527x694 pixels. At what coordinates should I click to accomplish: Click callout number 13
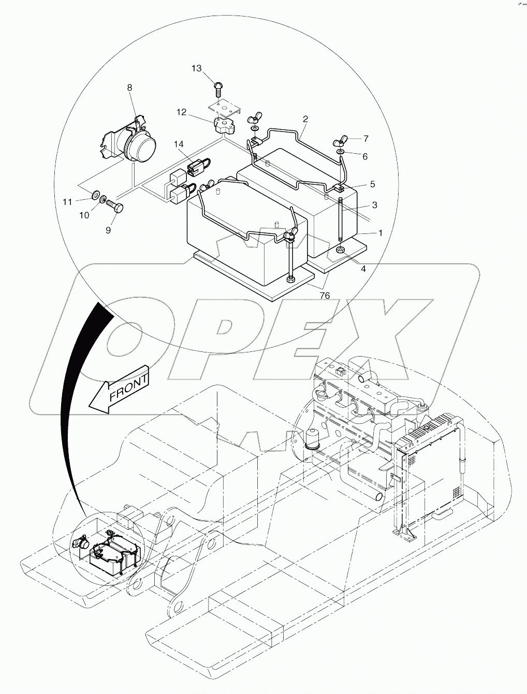point(197,69)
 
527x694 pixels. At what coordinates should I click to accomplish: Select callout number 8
point(130,88)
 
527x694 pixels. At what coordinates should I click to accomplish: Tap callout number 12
point(181,111)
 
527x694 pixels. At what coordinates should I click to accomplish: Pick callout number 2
point(305,119)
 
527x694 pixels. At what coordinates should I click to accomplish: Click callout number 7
point(365,139)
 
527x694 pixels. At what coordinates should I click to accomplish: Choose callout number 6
point(365,156)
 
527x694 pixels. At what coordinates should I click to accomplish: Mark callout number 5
point(372,184)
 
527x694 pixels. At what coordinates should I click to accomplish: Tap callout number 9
point(108,230)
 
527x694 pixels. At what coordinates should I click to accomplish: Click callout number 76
point(325,296)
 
